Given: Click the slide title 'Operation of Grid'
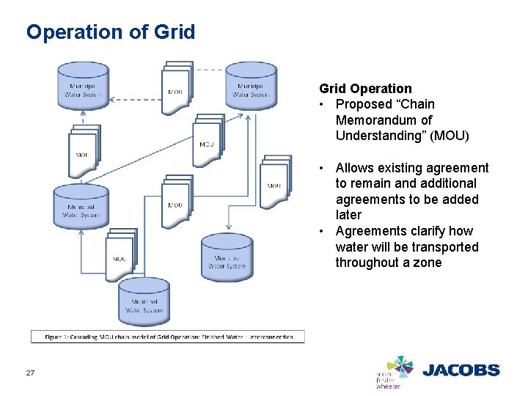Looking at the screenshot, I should tap(111, 32).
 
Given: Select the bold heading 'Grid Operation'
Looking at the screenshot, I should tap(365, 89).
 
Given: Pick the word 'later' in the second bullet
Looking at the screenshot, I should tap(348, 215).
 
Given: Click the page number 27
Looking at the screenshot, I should tap(30, 373).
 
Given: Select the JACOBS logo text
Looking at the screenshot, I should tap(461, 370).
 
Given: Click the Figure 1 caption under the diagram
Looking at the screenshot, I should tap(168, 337).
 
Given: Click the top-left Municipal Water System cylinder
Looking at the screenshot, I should tap(84, 85).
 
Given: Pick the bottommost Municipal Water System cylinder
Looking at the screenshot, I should tap(145, 301).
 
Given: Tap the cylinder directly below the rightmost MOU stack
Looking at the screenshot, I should tap(227, 257).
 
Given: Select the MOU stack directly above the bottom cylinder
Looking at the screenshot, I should tap(121, 253).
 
